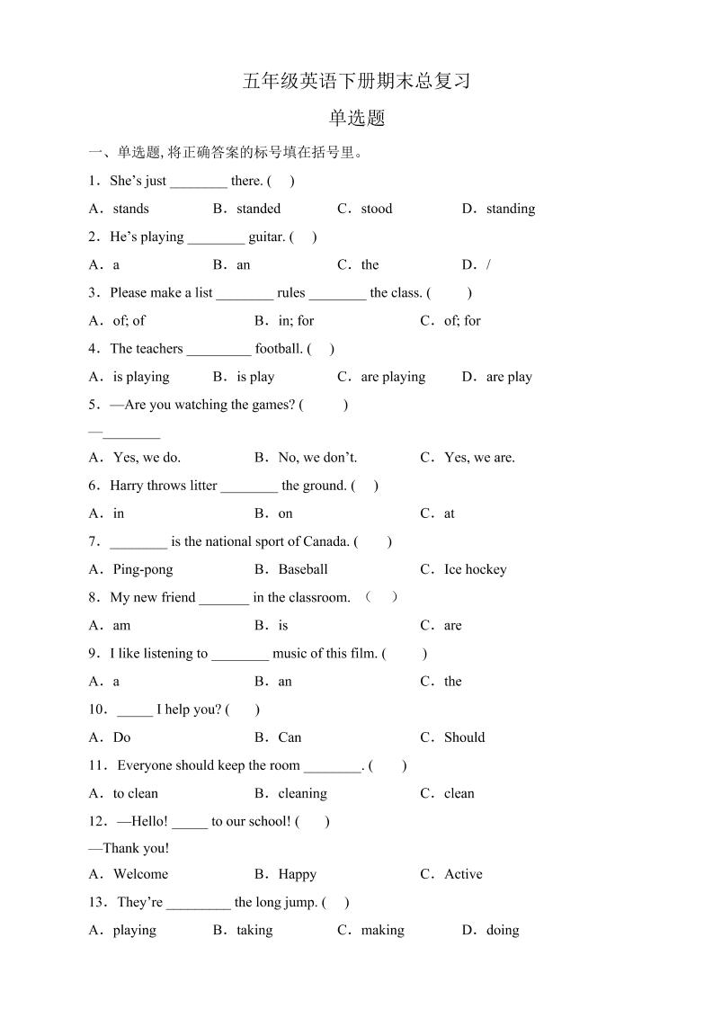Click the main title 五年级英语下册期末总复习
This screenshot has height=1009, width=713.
tap(356, 81)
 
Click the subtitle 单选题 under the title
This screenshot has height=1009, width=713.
tap(356, 118)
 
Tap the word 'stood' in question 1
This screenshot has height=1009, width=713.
tap(377, 209)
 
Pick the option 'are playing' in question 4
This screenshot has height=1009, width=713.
tap(393, 377)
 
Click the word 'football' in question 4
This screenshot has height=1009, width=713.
tap(278, 348)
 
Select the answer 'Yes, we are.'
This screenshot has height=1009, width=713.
tap(479, 457)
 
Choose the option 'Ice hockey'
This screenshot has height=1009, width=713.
tap(475, 569)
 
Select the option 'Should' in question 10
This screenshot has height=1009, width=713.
tap(464, 737)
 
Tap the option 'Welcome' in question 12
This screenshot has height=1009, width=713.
tap(140, 874)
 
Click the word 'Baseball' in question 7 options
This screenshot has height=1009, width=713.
tap(303, 569)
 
